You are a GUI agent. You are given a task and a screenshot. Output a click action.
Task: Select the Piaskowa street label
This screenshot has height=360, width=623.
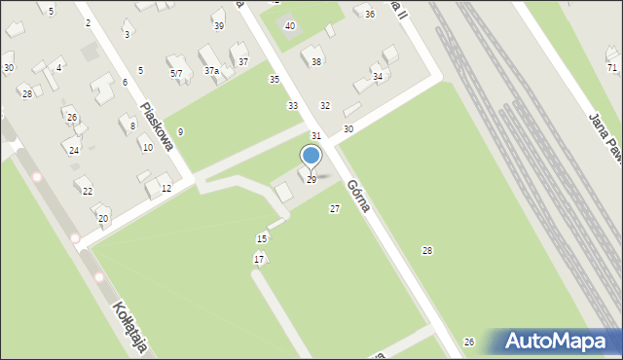(156, 127)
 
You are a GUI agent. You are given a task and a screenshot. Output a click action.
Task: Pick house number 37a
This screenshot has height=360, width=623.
(211, 71)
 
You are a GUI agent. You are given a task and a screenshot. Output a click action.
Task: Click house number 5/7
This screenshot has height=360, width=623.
(175, 74)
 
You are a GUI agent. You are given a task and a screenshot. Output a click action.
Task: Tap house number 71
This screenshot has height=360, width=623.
(611, 68)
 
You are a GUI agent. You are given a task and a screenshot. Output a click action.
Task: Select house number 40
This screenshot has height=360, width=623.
(289, 26)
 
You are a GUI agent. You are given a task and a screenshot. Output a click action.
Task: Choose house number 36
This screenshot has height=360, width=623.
(369, 14)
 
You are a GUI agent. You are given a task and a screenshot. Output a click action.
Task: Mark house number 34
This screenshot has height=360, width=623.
(378, 76)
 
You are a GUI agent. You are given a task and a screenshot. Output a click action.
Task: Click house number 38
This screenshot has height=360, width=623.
(316, 62)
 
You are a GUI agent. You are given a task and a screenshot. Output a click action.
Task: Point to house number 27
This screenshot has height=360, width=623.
(335, 209)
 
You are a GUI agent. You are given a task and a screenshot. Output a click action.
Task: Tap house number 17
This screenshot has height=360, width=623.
(258, 259)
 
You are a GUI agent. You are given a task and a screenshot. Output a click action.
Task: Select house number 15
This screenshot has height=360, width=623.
(261, 239)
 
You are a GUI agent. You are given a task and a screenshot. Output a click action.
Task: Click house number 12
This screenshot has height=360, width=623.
(166, 189)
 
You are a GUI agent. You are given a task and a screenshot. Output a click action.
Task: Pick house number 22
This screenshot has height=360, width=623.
(88, 191)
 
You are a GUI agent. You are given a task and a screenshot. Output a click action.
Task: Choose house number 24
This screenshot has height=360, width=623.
(74, 151)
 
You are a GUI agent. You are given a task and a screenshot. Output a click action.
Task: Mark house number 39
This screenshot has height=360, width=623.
(218, 26)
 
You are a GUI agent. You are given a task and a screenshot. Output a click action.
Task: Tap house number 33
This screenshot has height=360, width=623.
(292, 105)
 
